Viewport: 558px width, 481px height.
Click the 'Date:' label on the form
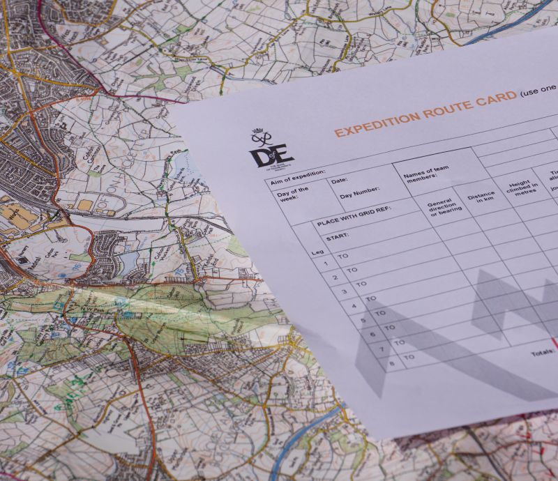click(340, 181)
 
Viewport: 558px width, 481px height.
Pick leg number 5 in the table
click(362, 320)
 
